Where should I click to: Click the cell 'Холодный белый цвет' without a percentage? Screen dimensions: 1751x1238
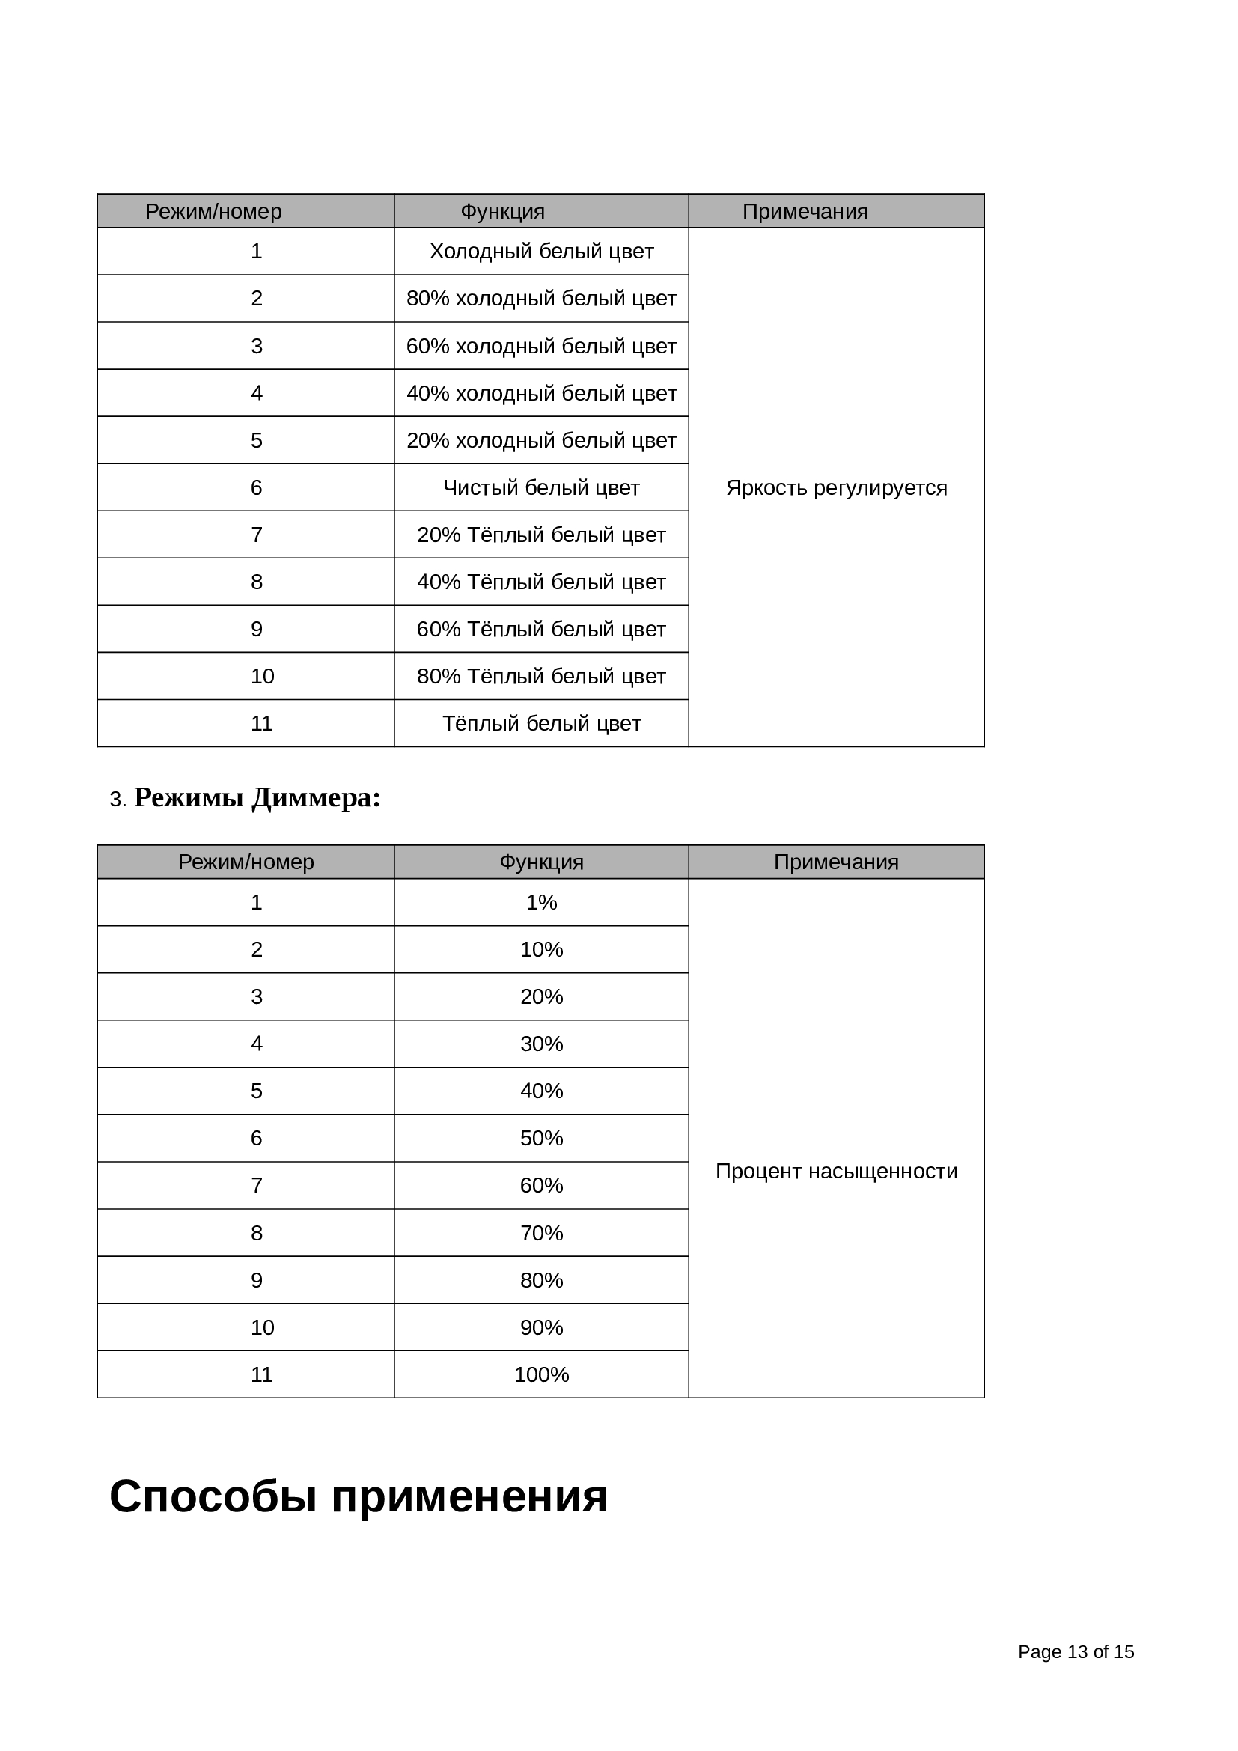point(541,251)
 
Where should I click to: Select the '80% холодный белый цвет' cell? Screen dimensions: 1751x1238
point(541,298)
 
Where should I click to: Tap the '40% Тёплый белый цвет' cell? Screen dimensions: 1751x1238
point(541,582)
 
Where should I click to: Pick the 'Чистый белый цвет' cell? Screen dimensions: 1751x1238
point(541,487)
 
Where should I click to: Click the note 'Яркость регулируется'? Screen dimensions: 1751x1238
point(836,487)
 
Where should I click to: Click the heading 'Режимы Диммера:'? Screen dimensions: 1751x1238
point(257,798)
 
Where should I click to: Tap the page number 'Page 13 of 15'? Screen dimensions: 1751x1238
point(1076,1652)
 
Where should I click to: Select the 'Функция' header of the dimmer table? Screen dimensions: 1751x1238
point(541,862)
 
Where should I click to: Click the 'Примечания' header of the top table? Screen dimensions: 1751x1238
point(805,211)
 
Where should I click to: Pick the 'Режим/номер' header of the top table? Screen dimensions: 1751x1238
point(213,211)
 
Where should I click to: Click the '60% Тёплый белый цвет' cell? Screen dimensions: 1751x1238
point(541,629)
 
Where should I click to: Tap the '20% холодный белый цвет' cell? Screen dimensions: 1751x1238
point(541,440)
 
